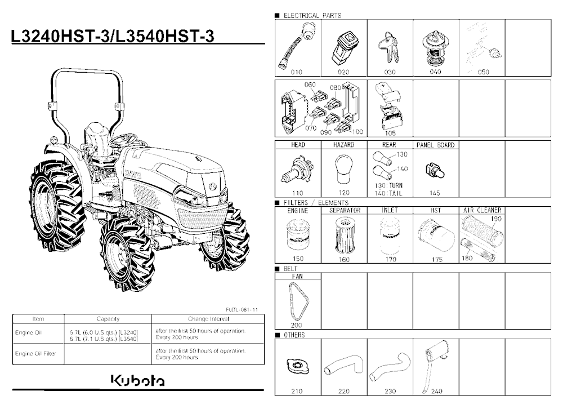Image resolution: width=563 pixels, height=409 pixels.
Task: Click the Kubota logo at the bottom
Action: [x=138, y=381]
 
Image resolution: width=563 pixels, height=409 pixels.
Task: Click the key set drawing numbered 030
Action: [x=388, y=47]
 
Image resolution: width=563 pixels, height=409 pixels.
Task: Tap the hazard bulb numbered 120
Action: [x=343, y=169]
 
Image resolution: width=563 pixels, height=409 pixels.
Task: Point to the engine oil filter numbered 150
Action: [x=298, y=236]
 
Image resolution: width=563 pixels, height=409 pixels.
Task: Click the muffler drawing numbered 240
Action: [x=435, y=365]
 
